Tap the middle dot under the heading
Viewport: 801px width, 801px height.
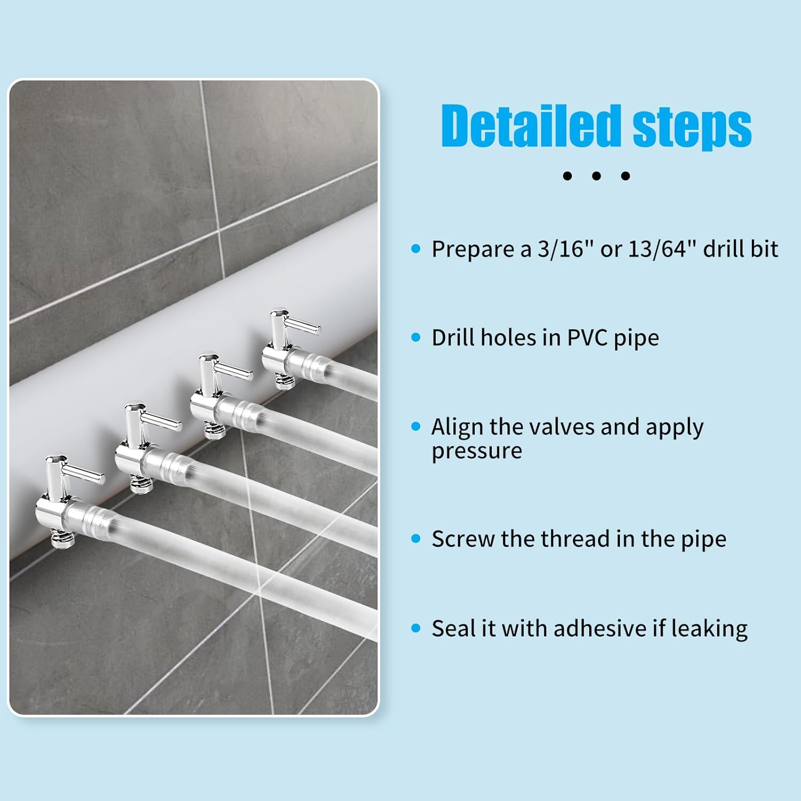[x=596, y=176]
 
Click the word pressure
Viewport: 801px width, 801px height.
[x=476, y=451]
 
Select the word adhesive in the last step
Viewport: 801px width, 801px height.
[x=600, y=629]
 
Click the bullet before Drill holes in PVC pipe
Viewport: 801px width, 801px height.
[x=416, y=337]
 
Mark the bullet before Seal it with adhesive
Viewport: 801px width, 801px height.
[x=416, y=629]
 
